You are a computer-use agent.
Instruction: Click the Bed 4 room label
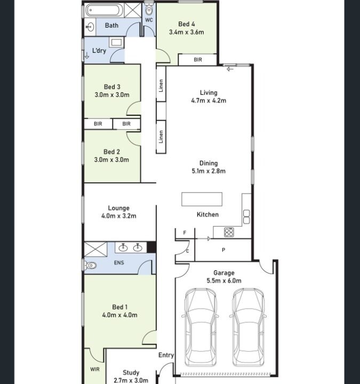click(x=186, y=24)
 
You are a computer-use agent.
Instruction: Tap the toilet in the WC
click(x=149, y=9)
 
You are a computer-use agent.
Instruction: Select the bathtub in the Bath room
click(x=103, y=10)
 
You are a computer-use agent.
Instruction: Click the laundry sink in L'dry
click(x=116, y=43)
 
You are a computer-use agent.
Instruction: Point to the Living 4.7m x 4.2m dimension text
click(x=209, y=100)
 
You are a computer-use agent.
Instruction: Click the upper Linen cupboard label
click(x=161, y=85)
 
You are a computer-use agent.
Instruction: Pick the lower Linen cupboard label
click(x=161, y=137)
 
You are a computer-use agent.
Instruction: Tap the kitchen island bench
click(x=202, y=199)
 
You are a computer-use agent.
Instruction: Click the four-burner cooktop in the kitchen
click(x=229, y=232)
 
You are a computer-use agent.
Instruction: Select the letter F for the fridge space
click(x=185, y=233)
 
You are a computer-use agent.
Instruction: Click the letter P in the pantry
click(x=223, y=250)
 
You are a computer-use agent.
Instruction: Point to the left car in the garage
click(x=201, y=327)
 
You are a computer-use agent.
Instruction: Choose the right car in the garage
click(x=248, y=327)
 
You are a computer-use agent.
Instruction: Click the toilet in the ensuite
click(x=90, y=265)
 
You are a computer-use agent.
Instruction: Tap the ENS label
click(x=119, y=263)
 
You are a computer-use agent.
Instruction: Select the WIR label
click(x=95, y=369)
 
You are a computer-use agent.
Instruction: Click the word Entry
click(x=166, y=355)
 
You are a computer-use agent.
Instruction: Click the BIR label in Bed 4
click(x=198, y=60)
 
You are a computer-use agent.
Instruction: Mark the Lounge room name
click(x=119, y=208)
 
